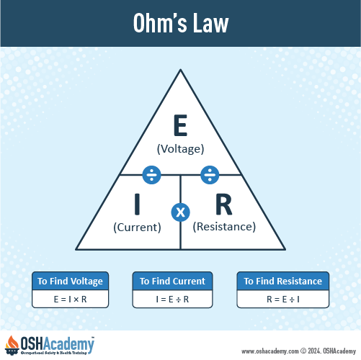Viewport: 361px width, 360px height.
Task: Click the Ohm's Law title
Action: (x=181, y=23)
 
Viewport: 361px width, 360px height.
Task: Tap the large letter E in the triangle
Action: (x=180, y=125)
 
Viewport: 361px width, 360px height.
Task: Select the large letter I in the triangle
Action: (x=137, y=204)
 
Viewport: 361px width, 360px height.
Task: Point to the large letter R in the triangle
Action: (x=224, y=204)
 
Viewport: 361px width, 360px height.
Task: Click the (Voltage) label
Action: (x=180, y=149)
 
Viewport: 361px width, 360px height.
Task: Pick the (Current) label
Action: (x=137, y=228)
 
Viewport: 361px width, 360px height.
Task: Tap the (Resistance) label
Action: (x=224, y=227)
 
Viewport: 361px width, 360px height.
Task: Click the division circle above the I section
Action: (x=152, y=175)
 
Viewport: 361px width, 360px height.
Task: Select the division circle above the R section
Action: (x=210, y=175)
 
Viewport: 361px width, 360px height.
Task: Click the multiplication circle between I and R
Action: (x=181, y=212)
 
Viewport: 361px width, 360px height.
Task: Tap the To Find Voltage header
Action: (x=70, y=281)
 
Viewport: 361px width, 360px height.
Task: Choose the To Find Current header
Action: (x=172, y=281)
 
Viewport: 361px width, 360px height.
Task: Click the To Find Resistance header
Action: (x=283, y=281)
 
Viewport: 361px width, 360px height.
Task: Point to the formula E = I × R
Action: (x=70, y=300)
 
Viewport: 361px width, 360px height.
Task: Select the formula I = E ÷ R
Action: (x=172, y=300)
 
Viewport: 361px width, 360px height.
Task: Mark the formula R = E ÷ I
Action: (x=283, y=300)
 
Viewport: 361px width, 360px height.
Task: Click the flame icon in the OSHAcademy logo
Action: (x=12, y=343)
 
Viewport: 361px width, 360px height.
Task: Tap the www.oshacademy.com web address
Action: (x=270, y=351)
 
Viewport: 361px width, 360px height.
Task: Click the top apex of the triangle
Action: (x=181, y=70)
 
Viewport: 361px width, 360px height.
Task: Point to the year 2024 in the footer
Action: (x=314, y=351)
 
